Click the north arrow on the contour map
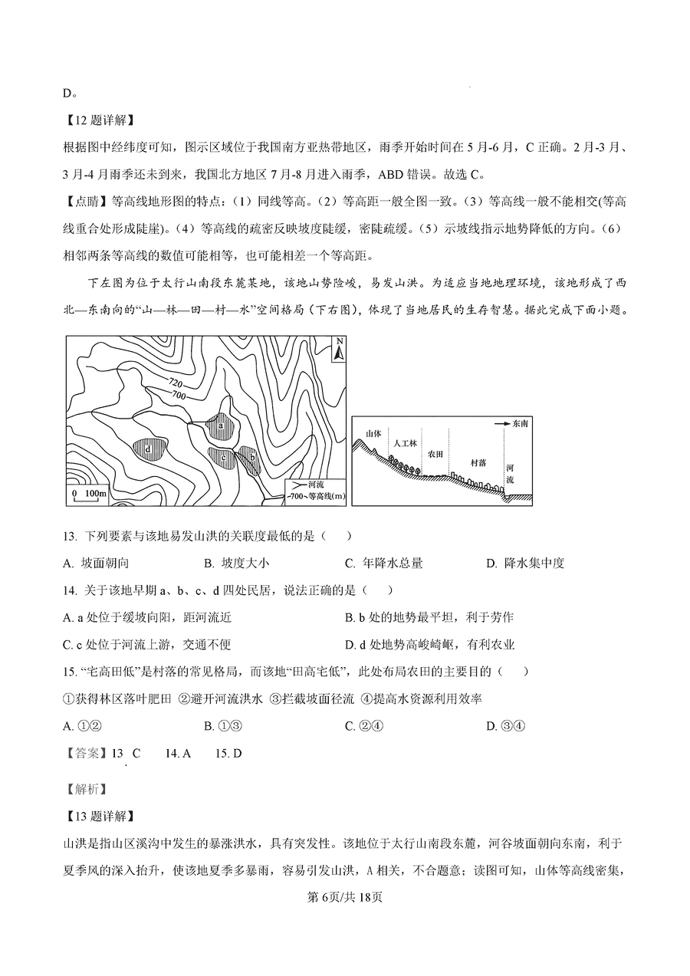pos(337,348)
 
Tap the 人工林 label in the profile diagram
pos(404,444)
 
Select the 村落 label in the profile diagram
pos(478,462)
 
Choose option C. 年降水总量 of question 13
pos(383,564)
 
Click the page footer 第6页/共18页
pos(344,898)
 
